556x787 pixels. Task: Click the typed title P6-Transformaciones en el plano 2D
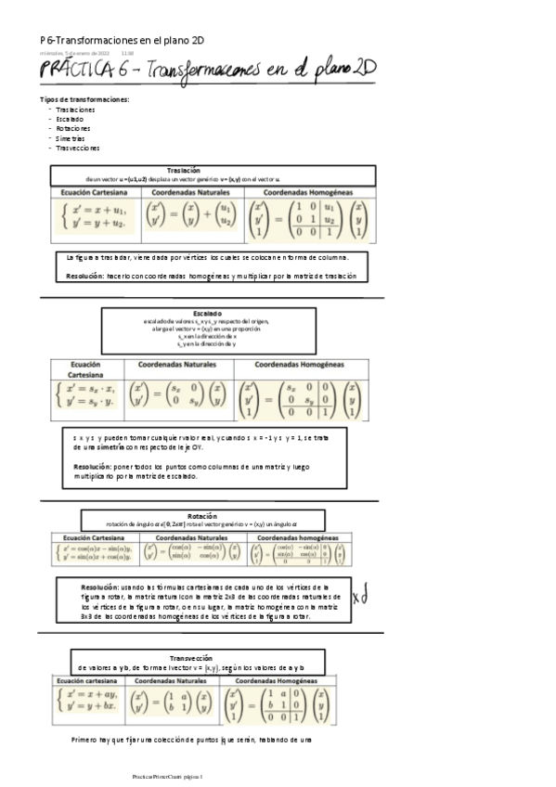click(123, 40)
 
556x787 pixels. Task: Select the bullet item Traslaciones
click(75, 110)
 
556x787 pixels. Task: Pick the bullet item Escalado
click(70, 119)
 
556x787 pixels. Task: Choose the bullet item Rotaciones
click(73, 128)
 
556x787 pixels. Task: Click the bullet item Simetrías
click(71, 137)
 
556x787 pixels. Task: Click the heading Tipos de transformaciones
click(84, 99)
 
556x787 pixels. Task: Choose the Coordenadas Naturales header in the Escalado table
click(175, 365)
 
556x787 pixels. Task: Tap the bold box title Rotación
click(201, 515)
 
